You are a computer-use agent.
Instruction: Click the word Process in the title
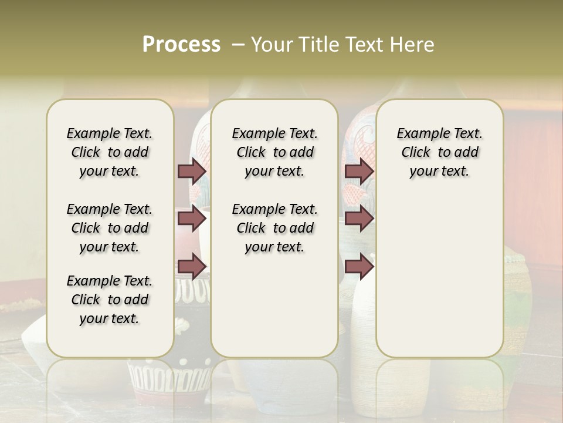[x=181, y=45]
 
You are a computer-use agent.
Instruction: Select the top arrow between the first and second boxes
[x=192, y=171]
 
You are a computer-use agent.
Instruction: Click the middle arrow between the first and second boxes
[x=192, y=219]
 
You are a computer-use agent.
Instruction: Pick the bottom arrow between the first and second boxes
[x=192, y=267]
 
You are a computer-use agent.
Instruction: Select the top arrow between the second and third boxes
[x=359, y=171]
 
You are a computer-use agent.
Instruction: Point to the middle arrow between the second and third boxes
[x=359, y=219]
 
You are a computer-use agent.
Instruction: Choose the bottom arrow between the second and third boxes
[x=359, y=267]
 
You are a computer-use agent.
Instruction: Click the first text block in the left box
[x=110, y=152]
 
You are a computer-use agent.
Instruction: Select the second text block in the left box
[x=110, y=228]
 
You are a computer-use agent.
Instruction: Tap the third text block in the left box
[x=110, y=300]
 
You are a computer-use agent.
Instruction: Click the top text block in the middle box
[x=274, y=152]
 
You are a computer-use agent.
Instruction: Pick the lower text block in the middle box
[x=274, y=228]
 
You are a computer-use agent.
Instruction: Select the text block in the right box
[x=439, y=152]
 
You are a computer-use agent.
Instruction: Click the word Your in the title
[x=272, y=45]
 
